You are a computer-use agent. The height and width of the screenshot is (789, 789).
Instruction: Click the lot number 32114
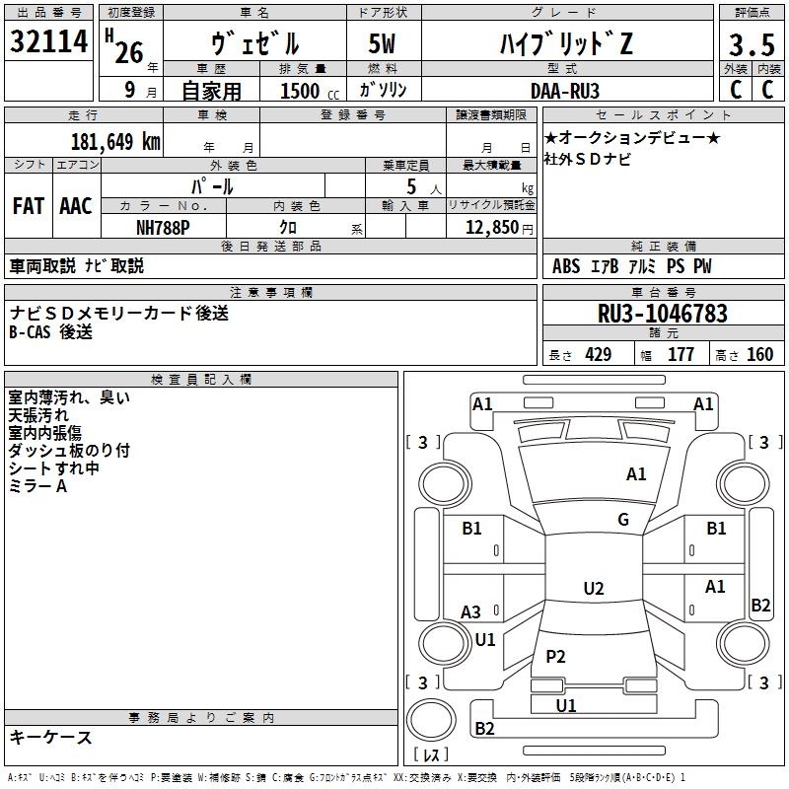coord(49,43)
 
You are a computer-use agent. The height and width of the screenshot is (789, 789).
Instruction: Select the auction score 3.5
coord(751,44)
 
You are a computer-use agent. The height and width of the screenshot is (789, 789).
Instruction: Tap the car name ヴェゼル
coord(256,43)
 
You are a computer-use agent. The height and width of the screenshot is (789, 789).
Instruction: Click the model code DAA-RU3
coord(563,90)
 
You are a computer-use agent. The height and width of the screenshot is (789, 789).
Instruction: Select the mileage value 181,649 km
coord(115,142)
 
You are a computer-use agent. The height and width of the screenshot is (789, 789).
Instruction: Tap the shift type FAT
coord(28,206)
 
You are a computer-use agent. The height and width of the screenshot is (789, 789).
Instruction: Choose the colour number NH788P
coord(163,227)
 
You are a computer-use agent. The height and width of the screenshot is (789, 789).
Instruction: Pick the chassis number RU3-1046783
coord(662,314)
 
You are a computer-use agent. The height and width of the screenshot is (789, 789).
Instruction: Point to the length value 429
coord(598,354)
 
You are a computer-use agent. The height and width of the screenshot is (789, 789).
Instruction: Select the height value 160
coord(759,354)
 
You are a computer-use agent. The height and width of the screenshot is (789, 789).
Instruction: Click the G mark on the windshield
coord(623,520)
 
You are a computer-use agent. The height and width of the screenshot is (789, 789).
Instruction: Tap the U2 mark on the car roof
coord(593,589)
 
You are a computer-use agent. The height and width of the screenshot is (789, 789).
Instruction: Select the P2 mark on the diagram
coord(556,657)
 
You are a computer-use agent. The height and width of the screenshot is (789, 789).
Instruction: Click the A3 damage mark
coord(471,612)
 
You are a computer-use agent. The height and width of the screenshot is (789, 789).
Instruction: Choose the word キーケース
coord(50,737)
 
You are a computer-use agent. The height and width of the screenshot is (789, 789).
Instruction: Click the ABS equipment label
coord(566,266)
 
